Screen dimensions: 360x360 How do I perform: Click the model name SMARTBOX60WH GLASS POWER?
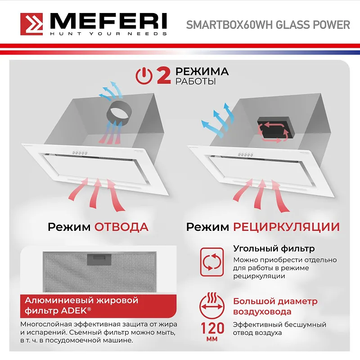(268, 25)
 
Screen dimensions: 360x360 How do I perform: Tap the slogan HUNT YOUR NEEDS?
(108, 34)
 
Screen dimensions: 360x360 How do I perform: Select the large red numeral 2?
(163, 76)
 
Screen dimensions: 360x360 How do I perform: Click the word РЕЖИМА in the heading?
(202, 72)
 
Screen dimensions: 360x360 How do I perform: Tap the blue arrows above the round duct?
(111, 90)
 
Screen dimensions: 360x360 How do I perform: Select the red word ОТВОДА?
(121, 226)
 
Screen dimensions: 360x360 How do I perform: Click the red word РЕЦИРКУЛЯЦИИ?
(286, 226)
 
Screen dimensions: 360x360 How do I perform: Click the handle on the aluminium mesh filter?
(100, 260)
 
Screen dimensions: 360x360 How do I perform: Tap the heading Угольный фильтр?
(274, 248)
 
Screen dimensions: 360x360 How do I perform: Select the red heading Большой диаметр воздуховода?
(274, 306)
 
